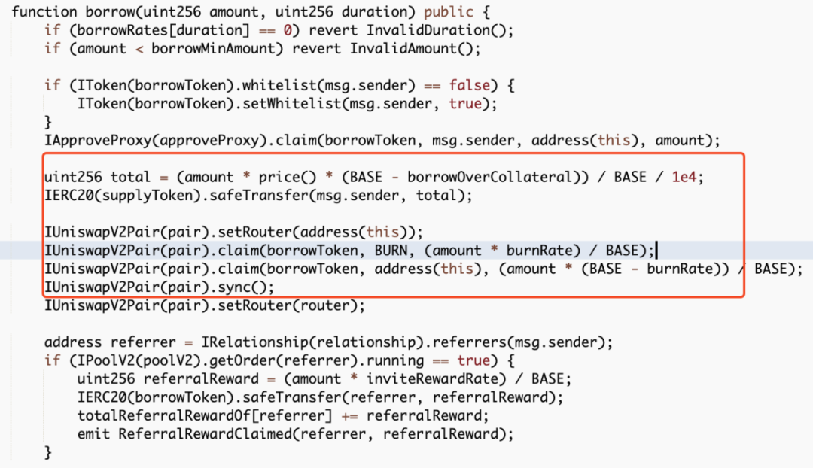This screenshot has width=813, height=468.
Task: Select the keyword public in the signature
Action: point(448,12)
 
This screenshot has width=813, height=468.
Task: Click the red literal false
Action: point(469,85)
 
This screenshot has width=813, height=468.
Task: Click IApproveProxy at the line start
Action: point(98,141)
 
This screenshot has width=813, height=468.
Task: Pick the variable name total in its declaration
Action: point(131,178)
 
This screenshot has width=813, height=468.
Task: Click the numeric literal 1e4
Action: point(684,178)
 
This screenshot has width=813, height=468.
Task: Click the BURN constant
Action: point(391,251)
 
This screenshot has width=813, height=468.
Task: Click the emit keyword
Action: point(93,434)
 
